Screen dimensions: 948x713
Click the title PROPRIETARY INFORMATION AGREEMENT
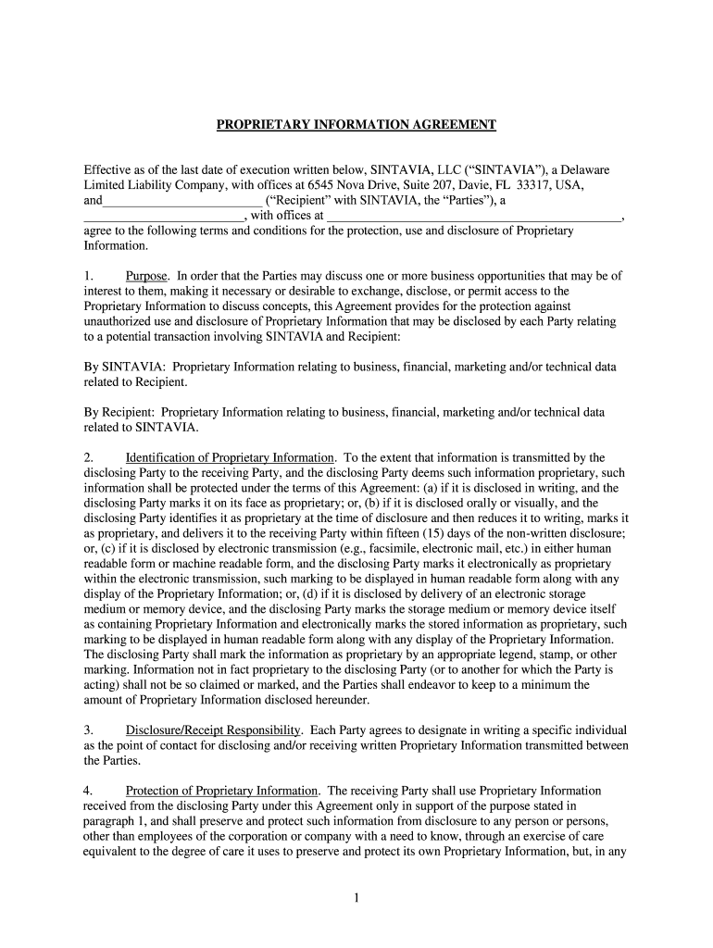356,124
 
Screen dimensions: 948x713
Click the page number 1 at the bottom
356,898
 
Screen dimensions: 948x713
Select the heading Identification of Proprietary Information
230,457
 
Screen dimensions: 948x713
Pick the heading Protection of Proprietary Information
222,791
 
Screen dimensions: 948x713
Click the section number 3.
87,730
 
